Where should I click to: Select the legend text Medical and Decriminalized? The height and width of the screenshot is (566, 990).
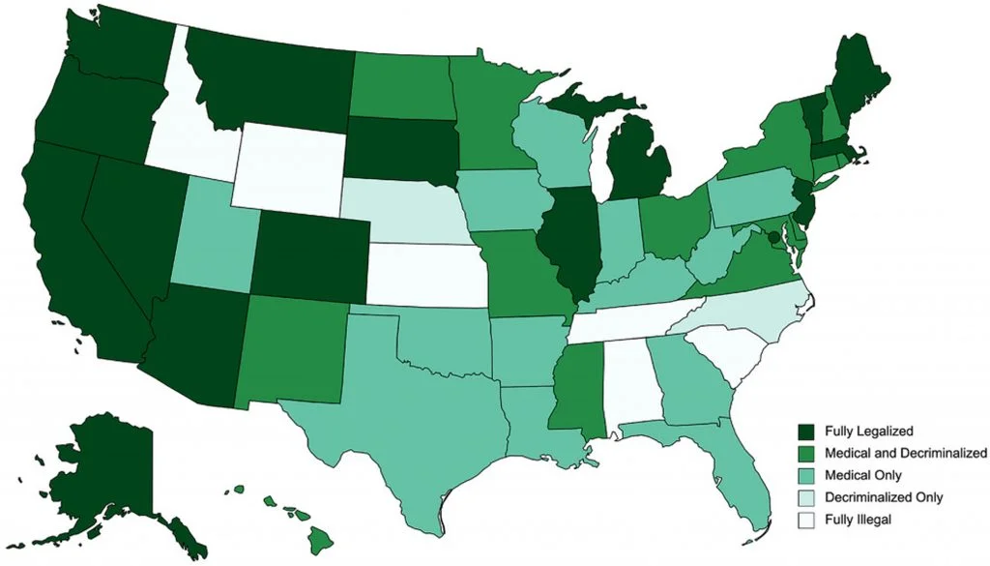[x=906, y=453]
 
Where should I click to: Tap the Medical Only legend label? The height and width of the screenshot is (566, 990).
[x=864, y=475]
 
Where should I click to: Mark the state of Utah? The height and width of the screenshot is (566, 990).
[x=215, y=237]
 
